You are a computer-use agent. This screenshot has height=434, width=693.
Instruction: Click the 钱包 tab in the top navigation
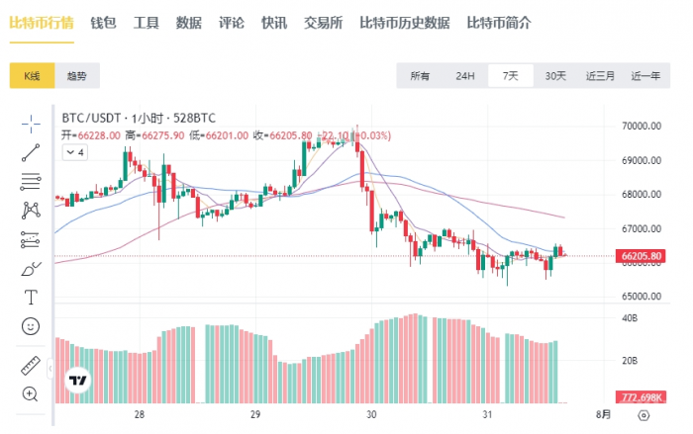click(x=103, y=23)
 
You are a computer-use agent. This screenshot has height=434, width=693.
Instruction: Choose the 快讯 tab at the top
click(x=274, y=23)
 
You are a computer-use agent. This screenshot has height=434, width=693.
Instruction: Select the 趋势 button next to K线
click(x=76, y=76)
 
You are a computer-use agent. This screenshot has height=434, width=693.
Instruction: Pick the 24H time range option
click(x=465, y=76)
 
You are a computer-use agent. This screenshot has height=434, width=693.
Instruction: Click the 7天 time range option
click(x=511, y=76)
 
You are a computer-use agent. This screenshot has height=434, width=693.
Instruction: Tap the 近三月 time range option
click(x=600, y=76)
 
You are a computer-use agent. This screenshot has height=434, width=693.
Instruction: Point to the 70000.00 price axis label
click(x=641, y=127)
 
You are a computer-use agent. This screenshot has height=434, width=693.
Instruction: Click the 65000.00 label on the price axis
click(x=641, y=296)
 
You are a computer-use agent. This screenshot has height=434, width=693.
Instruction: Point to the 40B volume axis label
click(x=628, y=318)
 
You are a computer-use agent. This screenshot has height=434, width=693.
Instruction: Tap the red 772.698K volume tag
click(x=642, y=396)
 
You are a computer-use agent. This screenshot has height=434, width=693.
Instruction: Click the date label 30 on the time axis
click(x=371, y=416)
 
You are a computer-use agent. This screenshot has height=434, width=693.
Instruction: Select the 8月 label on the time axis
click(x=603, y=416)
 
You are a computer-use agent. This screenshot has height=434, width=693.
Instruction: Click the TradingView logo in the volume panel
click(x=77, y=380)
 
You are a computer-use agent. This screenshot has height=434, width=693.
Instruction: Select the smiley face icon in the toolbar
click(x=30, y=325)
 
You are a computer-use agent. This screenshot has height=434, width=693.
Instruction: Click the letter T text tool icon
click(x=30, y=297)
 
